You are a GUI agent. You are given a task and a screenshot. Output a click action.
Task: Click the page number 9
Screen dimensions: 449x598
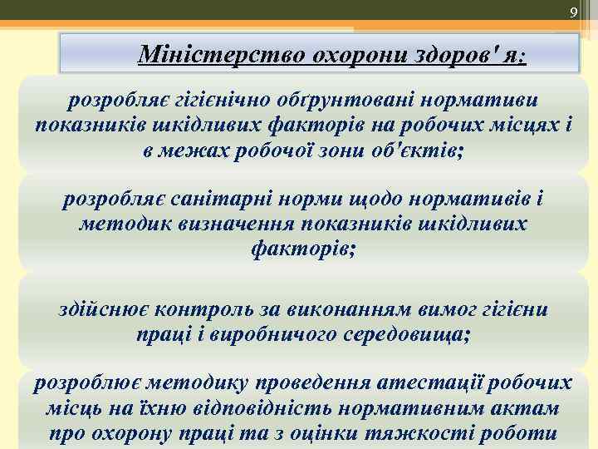572,12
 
